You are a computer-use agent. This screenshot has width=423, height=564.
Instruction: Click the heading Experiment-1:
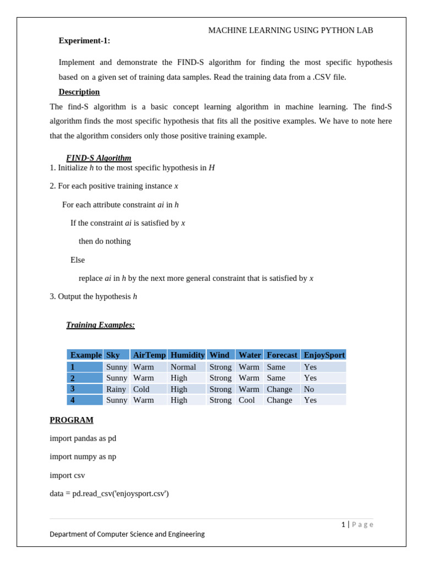(84, 41)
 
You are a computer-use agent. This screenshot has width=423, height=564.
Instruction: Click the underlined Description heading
(79, 92)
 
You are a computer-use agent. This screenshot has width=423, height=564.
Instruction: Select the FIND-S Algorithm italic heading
(99, 158)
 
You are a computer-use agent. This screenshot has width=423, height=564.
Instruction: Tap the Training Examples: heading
(100, 325)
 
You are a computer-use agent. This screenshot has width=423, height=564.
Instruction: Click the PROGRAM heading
(72, 420)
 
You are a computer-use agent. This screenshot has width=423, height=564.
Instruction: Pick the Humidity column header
(187, 355)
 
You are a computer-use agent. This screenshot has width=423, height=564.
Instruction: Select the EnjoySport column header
(324, 355)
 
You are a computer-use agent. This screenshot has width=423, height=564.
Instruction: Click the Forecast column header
(282, 355)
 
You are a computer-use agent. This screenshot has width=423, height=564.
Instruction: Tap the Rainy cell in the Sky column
(116, 389)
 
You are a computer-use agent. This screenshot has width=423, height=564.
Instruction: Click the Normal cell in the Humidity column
(183, 367)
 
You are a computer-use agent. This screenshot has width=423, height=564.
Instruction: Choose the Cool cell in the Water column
(247, 400)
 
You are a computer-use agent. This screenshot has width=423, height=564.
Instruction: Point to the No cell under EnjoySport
(310, 389)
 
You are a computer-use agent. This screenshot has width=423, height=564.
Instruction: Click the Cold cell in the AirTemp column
(142, 389)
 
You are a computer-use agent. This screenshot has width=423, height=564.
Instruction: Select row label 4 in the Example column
(73, 400)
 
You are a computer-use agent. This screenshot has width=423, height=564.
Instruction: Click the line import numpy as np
(83, 457)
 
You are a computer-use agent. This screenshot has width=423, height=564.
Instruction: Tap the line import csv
(67, 475)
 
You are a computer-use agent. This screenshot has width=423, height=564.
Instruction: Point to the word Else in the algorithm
(78, 260)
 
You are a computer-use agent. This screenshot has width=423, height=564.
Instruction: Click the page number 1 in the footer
(343, 524)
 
